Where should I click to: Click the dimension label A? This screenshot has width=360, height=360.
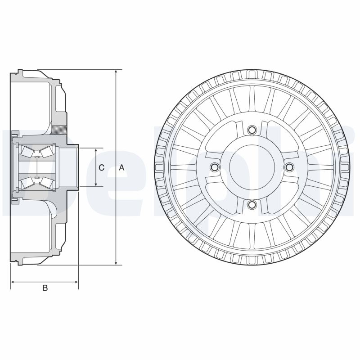pos(121,168)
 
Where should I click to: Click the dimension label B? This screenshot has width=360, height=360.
pos(45,288)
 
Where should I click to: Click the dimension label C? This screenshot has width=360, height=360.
pos(101,168)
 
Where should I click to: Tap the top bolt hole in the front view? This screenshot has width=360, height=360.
pos(252,130)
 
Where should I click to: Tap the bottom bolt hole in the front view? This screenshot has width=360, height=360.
pos(252,205)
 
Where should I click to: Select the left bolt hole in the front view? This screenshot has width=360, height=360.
pos(214,168)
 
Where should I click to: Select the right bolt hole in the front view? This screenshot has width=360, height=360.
pos(289,168)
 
